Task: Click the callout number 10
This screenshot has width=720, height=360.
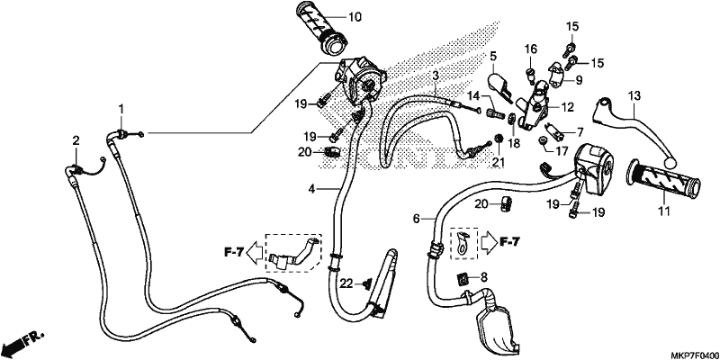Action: point(355,18)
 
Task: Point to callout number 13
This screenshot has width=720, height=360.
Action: point(634,96)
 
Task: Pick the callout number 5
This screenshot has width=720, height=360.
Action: point(493,57)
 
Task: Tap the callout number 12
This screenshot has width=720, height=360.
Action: point(568,107)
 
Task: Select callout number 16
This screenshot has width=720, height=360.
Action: point(531,49)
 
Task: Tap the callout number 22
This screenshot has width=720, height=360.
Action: point(346,284)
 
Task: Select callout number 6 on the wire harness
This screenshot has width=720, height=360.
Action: point(417,219)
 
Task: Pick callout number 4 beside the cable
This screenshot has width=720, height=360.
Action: point(311,188)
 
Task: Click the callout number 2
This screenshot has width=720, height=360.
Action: point(76,140)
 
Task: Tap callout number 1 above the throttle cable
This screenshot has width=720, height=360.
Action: point(121,109)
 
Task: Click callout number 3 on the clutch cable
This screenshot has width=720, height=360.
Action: point(436,76)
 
